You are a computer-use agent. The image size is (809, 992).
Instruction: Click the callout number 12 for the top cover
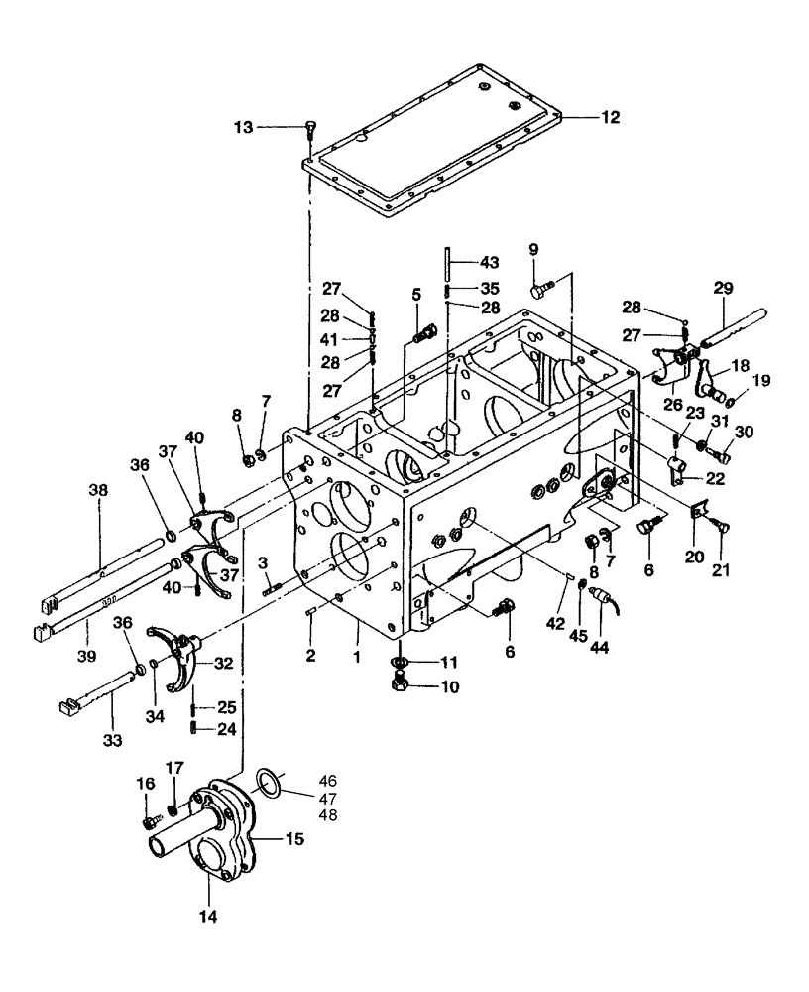pyautogui.click(x=609, y=117)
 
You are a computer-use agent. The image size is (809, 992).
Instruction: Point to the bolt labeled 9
pyautogui.click(x=539, y=291)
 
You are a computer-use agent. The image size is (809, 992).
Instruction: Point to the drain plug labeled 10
pyautogui.click(x=401, y=685)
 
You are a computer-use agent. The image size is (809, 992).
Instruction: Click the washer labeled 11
pyautogui.click(x=399, y=662)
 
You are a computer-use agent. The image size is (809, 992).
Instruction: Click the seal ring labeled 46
pyautogui.click(x=269, y=780)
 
